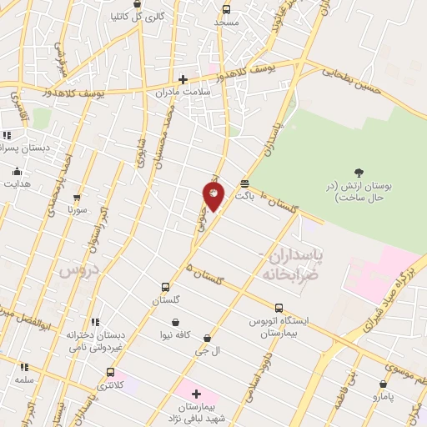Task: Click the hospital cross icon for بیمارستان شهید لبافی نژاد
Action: [196, 394]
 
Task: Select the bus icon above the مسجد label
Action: [227, 9]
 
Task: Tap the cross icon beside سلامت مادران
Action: [183, 80]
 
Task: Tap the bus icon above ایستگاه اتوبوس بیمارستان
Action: [278, 308]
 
